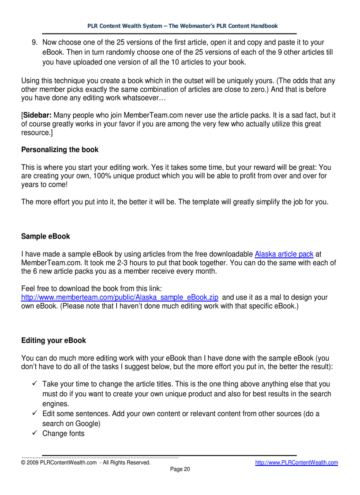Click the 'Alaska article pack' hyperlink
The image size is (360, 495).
pyautogui.click(x=284, y=254)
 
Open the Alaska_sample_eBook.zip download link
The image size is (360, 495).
pyautogui.click(x=120, y=298)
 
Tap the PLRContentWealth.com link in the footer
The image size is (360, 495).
pyautogui.click(x=296, y=462)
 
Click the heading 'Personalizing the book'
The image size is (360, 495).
pyautogui.click(x=60, y=150)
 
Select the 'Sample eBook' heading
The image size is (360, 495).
pyautogui.click(x=45, y=237)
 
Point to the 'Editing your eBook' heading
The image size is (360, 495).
pyautogui.click(x=53, y=341)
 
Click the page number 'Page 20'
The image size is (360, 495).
pyautogui.click(x=180, y=469)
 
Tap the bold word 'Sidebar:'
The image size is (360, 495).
pyautogui.click(x=37, y=115)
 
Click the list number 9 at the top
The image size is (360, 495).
pyautogui.click(x=34, y=43)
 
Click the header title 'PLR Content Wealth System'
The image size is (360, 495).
pyautogui.click(x=125, y=26)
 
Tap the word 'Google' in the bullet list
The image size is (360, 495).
pyautogui.click(x=87, y=424)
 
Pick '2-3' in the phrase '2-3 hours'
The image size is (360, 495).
pyautogui.click(x=122, y=263)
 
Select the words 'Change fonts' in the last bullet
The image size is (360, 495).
pyautogui.click(x=64, y=434)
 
